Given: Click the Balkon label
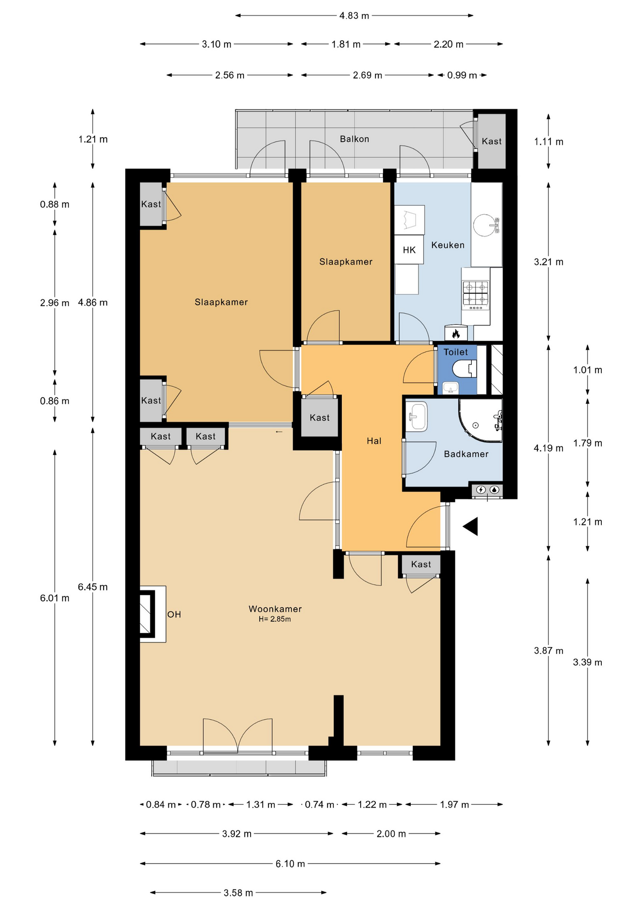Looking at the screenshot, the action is coord(354,139).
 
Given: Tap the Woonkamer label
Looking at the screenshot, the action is coord(275,609).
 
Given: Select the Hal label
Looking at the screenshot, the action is coord(374,441).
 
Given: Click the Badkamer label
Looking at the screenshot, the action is coord(466,454).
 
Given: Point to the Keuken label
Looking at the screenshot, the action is coord(448,245).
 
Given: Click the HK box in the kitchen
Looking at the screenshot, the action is coord(409,250).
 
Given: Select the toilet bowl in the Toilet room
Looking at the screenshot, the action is coord(464,368).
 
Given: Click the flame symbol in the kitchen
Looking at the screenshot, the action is coord(456,334).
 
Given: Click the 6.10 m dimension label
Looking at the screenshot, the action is coord(290,864).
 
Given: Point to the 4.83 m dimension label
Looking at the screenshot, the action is coord(354,16).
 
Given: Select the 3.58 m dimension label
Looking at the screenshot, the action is coord(238,893).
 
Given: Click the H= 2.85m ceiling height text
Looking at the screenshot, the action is coord(275,619).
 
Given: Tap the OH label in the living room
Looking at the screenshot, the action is coord(174,614).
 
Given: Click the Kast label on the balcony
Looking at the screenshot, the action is coord(492,141).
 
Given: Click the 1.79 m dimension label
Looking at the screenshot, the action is coord(588,443).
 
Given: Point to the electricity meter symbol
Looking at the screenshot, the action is coord(481,490).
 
